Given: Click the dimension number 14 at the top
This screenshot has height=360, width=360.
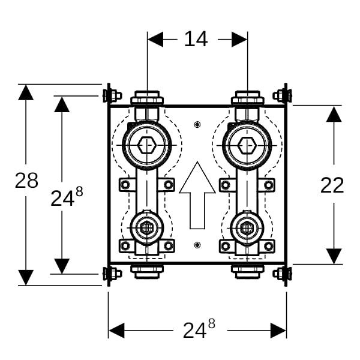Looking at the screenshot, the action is (196, 39).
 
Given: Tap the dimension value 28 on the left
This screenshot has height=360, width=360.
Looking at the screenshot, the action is (26, 181).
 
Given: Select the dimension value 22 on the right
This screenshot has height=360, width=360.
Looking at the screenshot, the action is (332, 185).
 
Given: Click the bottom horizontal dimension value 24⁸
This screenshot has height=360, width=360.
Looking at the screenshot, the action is (199, 329).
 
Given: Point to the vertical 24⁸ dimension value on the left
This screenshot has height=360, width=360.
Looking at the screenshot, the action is (67, 196).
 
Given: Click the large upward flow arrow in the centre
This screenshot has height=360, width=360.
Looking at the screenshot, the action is (197, 195).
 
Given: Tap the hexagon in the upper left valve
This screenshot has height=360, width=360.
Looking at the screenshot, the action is (147, 145).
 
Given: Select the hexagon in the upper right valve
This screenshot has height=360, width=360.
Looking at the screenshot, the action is (247, 145).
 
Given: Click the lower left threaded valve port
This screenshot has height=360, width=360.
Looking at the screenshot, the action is (147, 228).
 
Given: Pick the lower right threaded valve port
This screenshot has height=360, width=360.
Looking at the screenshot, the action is (247, 228).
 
